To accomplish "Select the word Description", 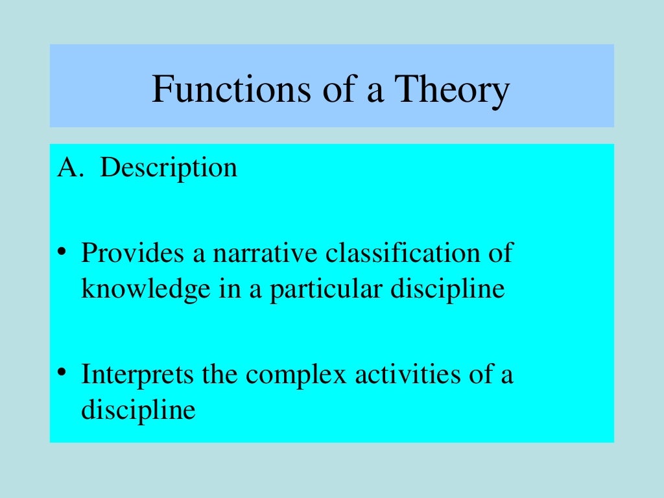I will [x=169, y=167].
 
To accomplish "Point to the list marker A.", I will [x=68, y=168].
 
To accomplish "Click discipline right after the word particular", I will [x=447, y=289].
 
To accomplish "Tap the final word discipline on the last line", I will [x=138, y=410].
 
